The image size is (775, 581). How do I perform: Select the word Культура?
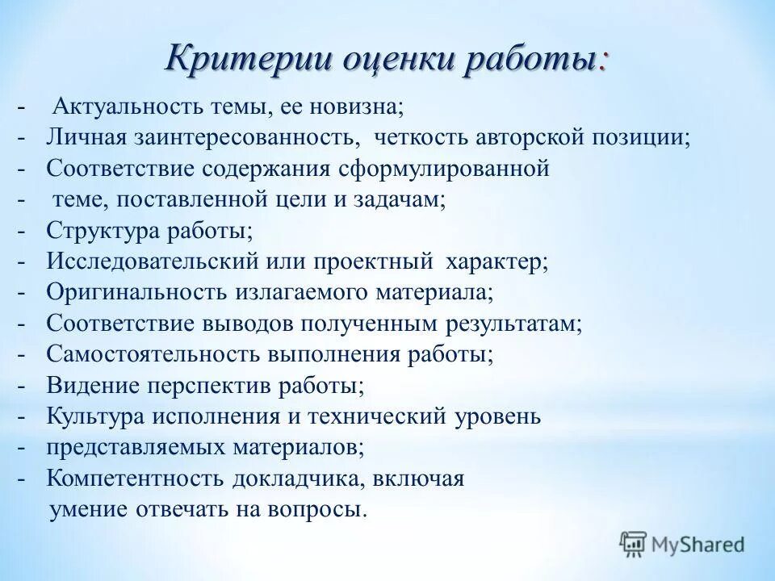[94, 416]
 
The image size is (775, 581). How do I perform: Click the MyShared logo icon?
[633, 544]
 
